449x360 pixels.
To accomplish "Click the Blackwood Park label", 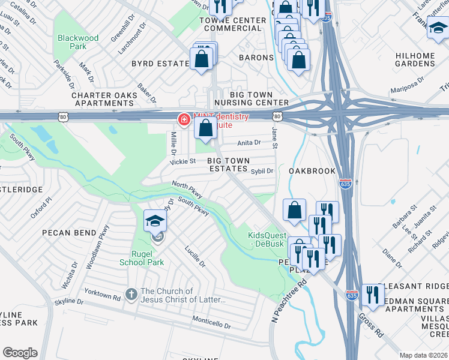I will tap(78, 42).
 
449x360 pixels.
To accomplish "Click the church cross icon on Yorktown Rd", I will tap(131, 293).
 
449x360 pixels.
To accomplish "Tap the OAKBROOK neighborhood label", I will tap(312, 171).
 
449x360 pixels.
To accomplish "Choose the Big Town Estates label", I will tap(228, 165).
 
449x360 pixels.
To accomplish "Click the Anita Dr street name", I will tap(249, 143).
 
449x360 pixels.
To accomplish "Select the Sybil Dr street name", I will tap(262, 171).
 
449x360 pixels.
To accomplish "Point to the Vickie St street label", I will tap(184, 161).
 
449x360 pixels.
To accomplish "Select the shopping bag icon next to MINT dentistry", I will tap(205, 128).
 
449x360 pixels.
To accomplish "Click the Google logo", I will tap(20, 353).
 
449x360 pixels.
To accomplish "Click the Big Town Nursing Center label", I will tap(252, 99).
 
